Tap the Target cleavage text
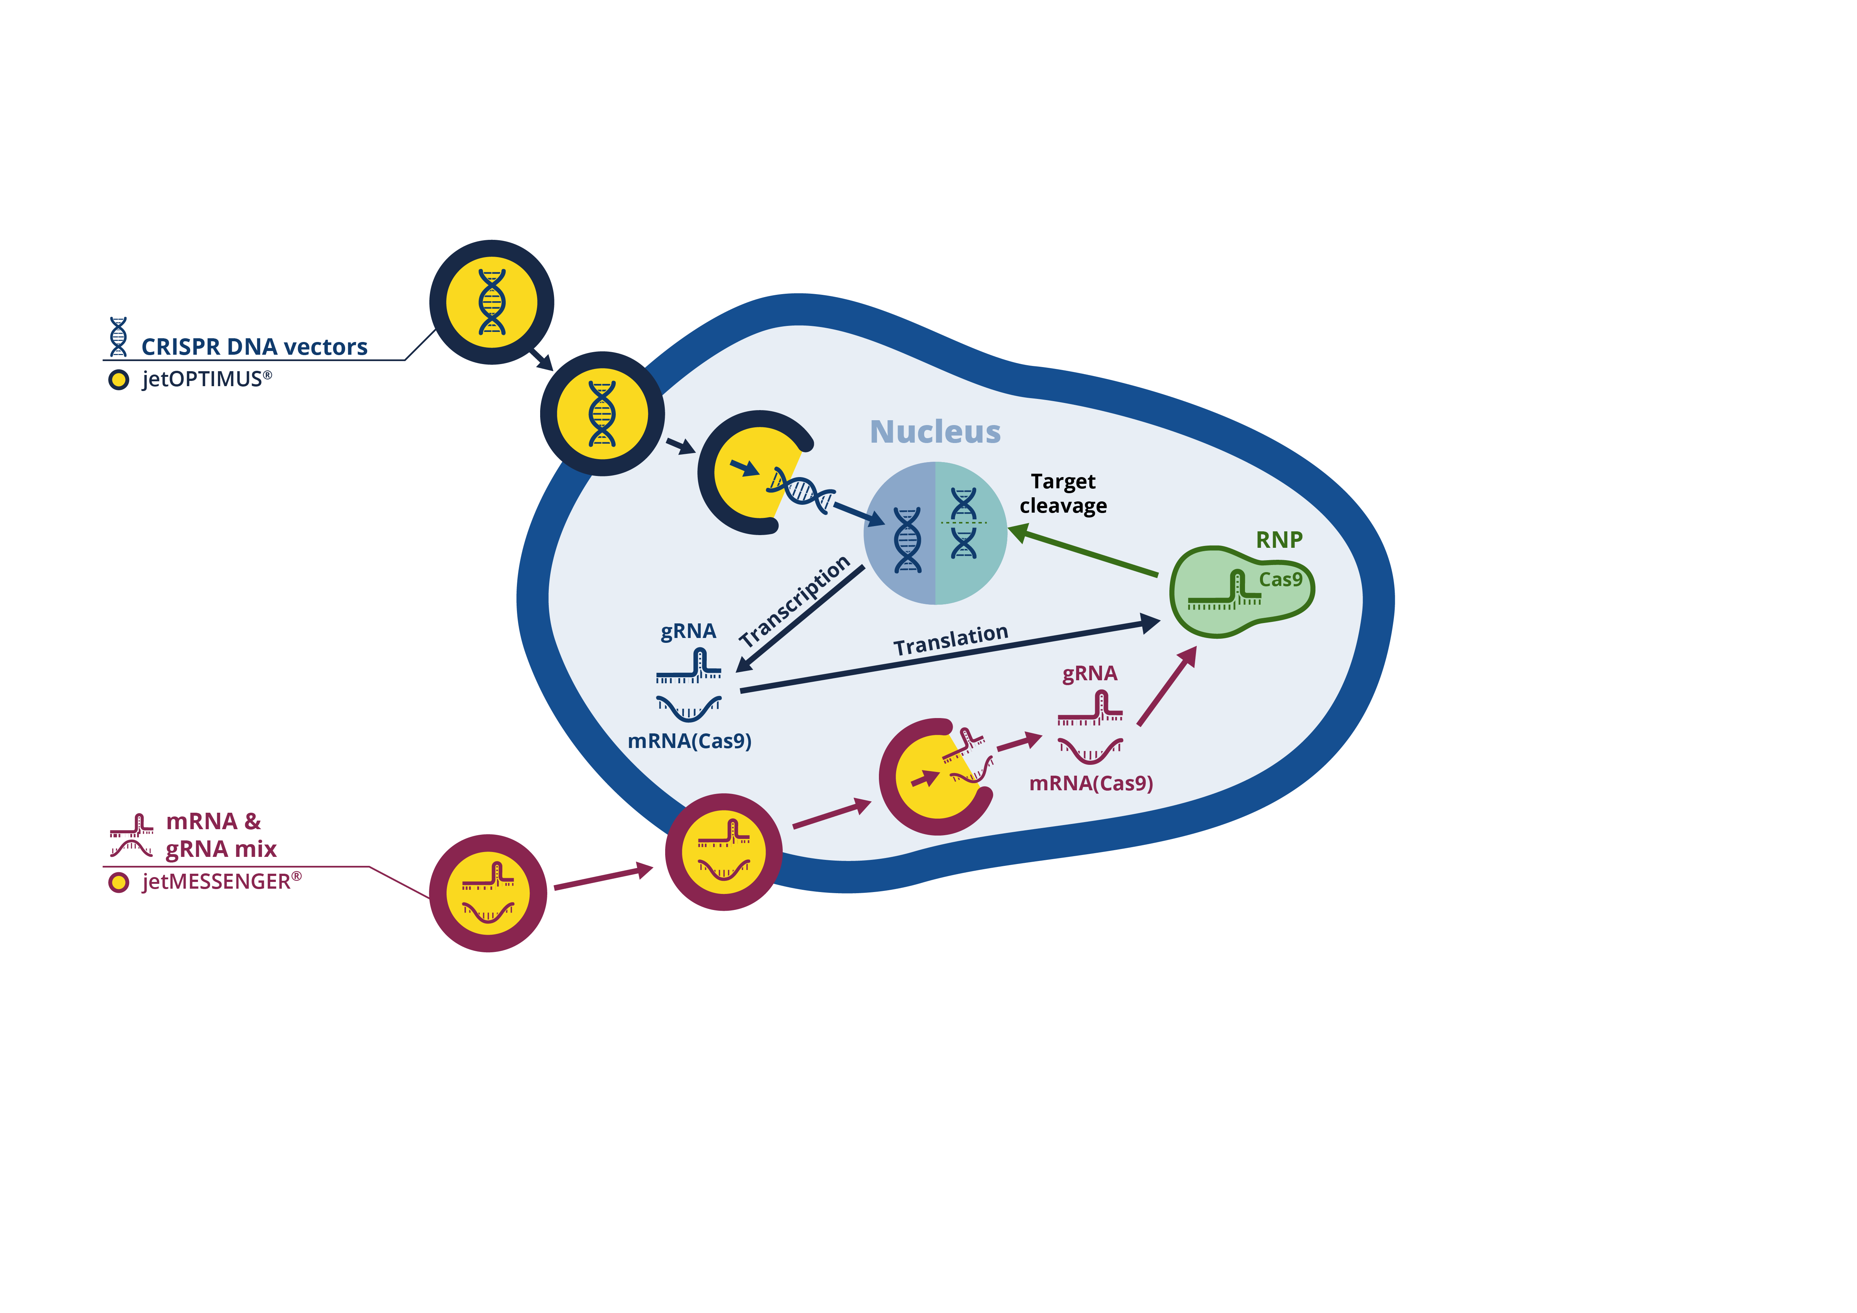[x=1063, y=493]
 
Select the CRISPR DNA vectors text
[x=254, y=347]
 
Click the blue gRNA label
[x=688, y=630]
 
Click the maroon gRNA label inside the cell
[x=1089, y=674]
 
